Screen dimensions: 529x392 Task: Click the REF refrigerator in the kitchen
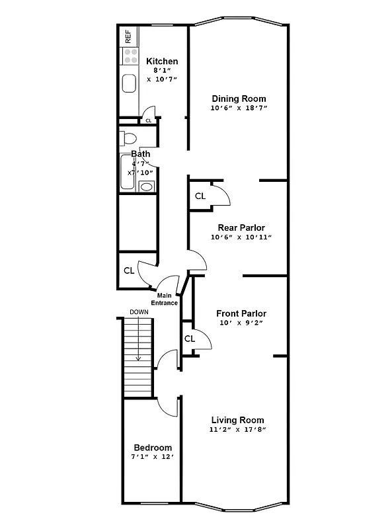(x=128, y=36)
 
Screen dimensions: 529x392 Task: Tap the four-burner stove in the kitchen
(x=130, y=56)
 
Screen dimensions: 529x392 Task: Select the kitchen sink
(x=130, y=83)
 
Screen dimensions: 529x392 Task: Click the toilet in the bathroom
(x=128, y=139)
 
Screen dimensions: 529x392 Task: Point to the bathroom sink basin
(x=146, y=186)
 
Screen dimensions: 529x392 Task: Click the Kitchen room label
(x=162, y=61)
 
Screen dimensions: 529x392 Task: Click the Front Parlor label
(x=241, y=313)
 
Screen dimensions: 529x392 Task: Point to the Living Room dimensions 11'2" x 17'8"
(x=237, y=430)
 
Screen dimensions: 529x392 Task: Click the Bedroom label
(x=153, y=447)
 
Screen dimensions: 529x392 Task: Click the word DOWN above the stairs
(x=139, y=312)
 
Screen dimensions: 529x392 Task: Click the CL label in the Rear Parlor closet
(x=200, y=196)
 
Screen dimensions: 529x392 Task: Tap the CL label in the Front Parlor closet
(x=190, y=339)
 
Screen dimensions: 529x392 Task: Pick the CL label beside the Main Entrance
(x=129, y=270)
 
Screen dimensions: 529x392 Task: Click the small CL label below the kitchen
(x=148, y=121)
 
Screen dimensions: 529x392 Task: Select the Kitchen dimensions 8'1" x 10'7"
(x=162, y=74)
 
